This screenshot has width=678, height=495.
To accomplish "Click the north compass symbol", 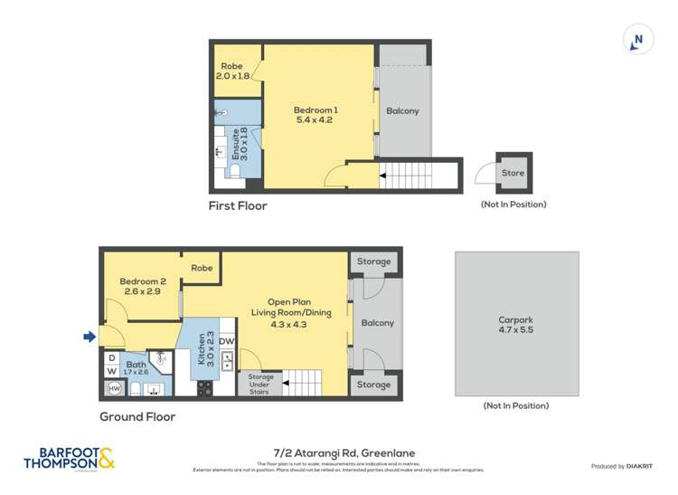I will (638, 41).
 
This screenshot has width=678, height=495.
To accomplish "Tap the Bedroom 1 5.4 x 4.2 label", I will (315, 115).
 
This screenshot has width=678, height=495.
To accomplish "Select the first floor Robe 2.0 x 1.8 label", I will (231, 71).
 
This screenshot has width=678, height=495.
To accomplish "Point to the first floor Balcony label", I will (402, 111).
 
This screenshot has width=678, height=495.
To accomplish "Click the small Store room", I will (513, 173).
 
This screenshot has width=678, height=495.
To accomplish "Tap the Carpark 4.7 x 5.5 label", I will (516, 325).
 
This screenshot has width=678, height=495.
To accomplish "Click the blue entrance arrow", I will (89, 338).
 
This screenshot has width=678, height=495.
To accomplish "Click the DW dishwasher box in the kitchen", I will (226, 341).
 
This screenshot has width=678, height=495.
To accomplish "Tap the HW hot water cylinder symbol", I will (114, 388).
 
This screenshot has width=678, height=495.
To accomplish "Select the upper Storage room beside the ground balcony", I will (373, 262).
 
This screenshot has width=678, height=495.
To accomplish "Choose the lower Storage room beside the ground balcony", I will (373, 385).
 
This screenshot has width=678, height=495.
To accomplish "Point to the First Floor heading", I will (238, 205).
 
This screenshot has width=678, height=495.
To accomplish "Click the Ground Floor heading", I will (137, 417).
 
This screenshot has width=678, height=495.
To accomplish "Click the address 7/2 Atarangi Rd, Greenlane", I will (339, 453).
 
